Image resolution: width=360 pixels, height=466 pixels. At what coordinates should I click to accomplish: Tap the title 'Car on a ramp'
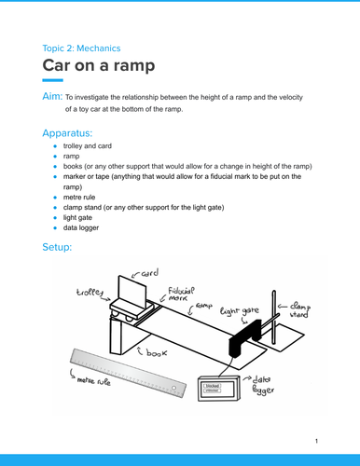pyautogui.click(x=98, y=67)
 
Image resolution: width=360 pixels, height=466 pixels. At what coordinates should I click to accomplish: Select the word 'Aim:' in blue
pyautogui.click(x=52, y=97)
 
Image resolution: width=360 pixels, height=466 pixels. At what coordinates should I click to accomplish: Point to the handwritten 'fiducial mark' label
pyautogui.click(x=183, y=294)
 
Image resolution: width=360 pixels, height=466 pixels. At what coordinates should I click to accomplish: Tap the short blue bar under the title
pyautogui.click(x=52, y=83)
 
